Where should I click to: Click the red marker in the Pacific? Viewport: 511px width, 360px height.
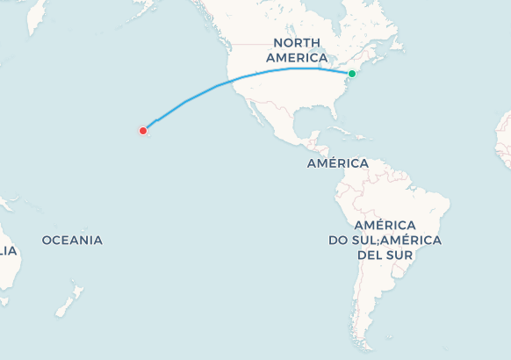[x=143, y=131]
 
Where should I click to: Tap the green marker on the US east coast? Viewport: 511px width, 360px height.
[x=351, y=74]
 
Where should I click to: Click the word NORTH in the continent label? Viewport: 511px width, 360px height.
[x=295, y=42]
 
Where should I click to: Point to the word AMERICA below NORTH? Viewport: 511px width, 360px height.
[x=297, y=57]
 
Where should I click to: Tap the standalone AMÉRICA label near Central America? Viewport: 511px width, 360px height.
[x=337, y=163]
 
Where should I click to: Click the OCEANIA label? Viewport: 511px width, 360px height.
[x=72, y=240]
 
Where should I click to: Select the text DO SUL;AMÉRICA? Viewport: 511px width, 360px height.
[x=385, y=240]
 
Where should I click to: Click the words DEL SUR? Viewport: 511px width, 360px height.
[x=385, y=255]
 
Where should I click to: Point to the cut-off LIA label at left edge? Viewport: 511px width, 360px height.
[x=8, y=250]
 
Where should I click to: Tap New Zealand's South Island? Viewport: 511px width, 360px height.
[x=63, y=307]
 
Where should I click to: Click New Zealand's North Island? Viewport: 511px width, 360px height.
[x=77, y=292]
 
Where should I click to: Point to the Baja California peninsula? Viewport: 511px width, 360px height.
[x=256, y=117]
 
